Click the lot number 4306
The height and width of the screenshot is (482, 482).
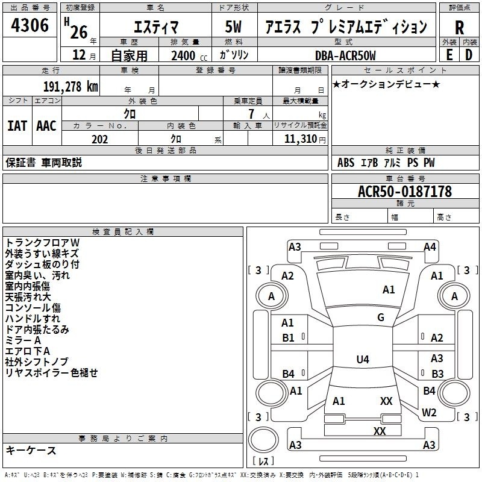tap(30, 25)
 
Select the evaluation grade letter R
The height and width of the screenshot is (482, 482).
tap(459, 28)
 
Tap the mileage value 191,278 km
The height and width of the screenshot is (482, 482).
tap(70, 87)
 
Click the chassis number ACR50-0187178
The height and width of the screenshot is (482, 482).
tap(405, 192)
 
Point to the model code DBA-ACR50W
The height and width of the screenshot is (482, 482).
tap(345, 55)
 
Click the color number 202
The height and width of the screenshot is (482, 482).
tap(99, 139)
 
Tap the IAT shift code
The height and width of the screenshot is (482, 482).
tap(17, 126)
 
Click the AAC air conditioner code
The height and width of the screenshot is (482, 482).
tap(46, 126)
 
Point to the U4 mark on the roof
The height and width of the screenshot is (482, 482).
tap(363, 359)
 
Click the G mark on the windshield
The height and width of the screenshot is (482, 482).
tap(381, 317)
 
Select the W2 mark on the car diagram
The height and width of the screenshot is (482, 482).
tap(429, 412)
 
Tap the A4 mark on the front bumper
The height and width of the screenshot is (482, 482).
tap(430, 246)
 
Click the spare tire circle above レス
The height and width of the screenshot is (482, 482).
tap(263, 440)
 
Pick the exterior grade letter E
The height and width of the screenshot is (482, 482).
tap(449, 55)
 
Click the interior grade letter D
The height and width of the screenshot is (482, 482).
tap(469, 55)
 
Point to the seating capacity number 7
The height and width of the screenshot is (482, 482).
tap(251, 114)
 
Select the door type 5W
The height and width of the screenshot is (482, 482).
tap(233, 27)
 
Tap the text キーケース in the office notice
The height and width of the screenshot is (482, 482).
tap(31, 450)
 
